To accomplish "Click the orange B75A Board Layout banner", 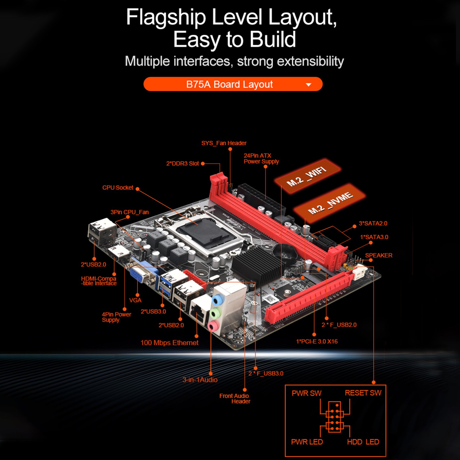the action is coord(233,84).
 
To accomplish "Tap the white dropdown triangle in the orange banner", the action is coord(308,85).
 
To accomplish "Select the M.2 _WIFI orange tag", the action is coord(308,176).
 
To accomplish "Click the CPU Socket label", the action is coord(118,188).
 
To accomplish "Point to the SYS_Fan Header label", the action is coord(224,143).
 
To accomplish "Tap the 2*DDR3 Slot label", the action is coord(182,164).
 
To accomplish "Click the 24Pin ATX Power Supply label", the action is coord(261,159).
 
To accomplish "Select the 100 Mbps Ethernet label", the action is coord(169,343).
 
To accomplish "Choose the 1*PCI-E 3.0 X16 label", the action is coord(317,342).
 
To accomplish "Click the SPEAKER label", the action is coord(379,255).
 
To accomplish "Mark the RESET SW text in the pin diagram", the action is coord(363,393).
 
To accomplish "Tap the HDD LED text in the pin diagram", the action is coord(363,442).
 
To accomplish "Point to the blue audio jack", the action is coord(218,300).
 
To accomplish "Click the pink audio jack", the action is coord(213,326).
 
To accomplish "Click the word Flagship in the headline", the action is coord(166,17).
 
